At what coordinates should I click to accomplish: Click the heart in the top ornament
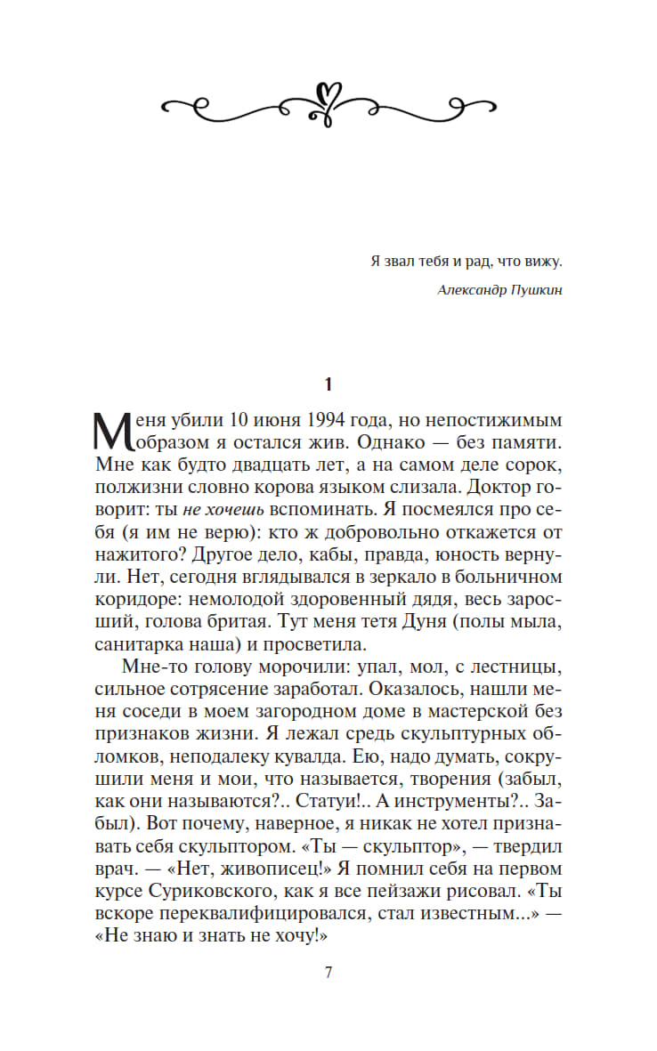(x=328, y=93)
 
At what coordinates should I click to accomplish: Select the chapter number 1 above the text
(x=328, y=384)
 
